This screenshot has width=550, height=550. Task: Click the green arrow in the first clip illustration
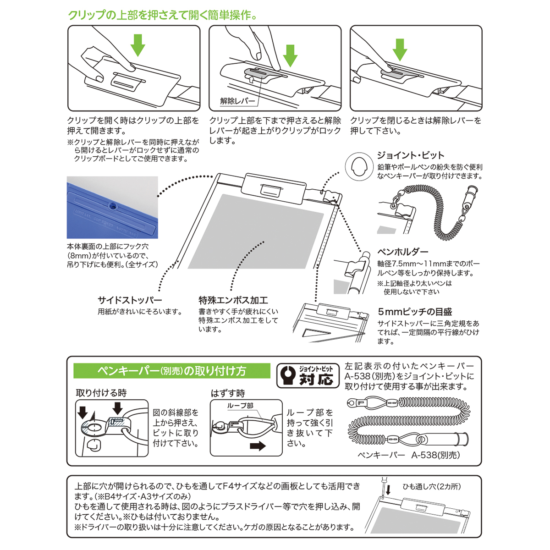[137, 44]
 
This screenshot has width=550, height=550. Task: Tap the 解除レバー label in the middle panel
[237, 101]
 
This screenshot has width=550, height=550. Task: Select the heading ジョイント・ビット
[411, 155]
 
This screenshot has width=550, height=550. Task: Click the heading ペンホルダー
[403, 252]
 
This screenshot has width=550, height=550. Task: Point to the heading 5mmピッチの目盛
[415, 312]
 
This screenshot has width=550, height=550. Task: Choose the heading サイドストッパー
[130, 300]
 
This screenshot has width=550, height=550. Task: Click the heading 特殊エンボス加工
[233, 300]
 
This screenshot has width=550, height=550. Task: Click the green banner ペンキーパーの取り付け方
[172, 371]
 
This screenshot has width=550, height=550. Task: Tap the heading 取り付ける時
[101, 393]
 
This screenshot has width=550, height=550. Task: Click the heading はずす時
[228, 393]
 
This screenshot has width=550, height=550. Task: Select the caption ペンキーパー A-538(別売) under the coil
[408, 455]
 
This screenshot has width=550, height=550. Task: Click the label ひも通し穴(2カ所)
[431, 486]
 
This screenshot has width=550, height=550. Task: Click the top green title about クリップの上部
[163, 15]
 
